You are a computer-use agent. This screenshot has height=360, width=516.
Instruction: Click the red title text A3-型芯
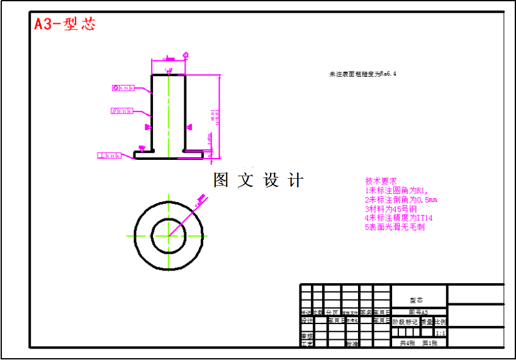point(65,24)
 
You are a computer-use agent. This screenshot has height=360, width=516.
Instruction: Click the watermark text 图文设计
point(258,180)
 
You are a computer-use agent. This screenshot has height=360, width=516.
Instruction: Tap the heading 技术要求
point(381,181)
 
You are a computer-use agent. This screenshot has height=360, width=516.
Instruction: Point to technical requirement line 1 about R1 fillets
point(396,190)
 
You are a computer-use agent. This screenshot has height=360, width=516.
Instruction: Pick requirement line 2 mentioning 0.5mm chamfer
point(401,200)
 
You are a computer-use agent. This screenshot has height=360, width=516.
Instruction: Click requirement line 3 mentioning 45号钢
point(391,208)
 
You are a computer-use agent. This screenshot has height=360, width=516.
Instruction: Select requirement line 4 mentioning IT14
point(398,218)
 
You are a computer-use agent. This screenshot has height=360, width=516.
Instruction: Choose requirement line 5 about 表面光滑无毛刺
point(395,227)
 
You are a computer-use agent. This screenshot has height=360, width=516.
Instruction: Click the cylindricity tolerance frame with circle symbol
point(123,88)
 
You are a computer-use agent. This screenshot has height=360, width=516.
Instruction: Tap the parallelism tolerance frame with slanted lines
point(122,111)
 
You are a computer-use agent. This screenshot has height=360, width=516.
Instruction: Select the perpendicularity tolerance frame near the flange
point(109,155)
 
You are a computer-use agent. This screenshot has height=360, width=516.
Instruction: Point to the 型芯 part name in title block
point(417,301)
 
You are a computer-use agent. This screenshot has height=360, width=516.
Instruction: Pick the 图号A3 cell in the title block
point(418,312)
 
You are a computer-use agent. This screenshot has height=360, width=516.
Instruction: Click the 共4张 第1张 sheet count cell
point(418,343)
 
